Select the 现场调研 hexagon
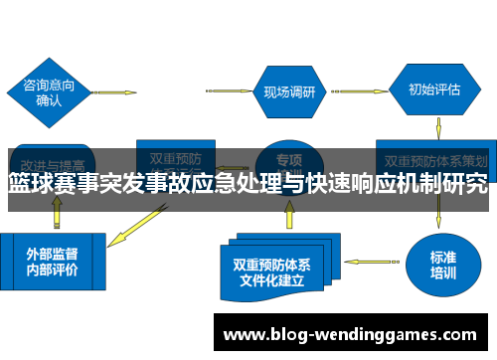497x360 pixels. coord(289,91)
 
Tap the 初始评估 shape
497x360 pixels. coord(434,90)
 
